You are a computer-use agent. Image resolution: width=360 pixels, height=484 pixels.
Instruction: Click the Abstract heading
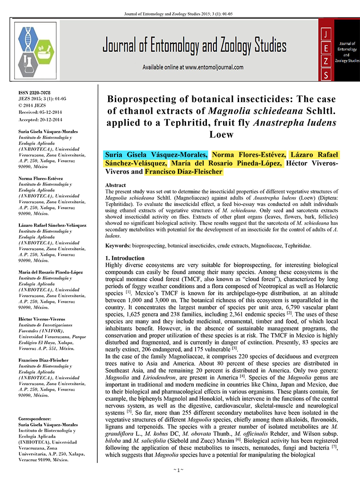(x=115, y=185)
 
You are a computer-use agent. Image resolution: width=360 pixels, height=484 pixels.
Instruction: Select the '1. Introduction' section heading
(x=125, y=258)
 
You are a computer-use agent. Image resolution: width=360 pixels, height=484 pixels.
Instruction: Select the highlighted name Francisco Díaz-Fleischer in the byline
(x=183, y=172)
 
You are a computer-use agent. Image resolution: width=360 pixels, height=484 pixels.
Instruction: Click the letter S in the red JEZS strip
(x=326, y=74)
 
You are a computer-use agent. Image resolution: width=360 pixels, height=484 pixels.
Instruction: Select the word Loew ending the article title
(x=221, y=135)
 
